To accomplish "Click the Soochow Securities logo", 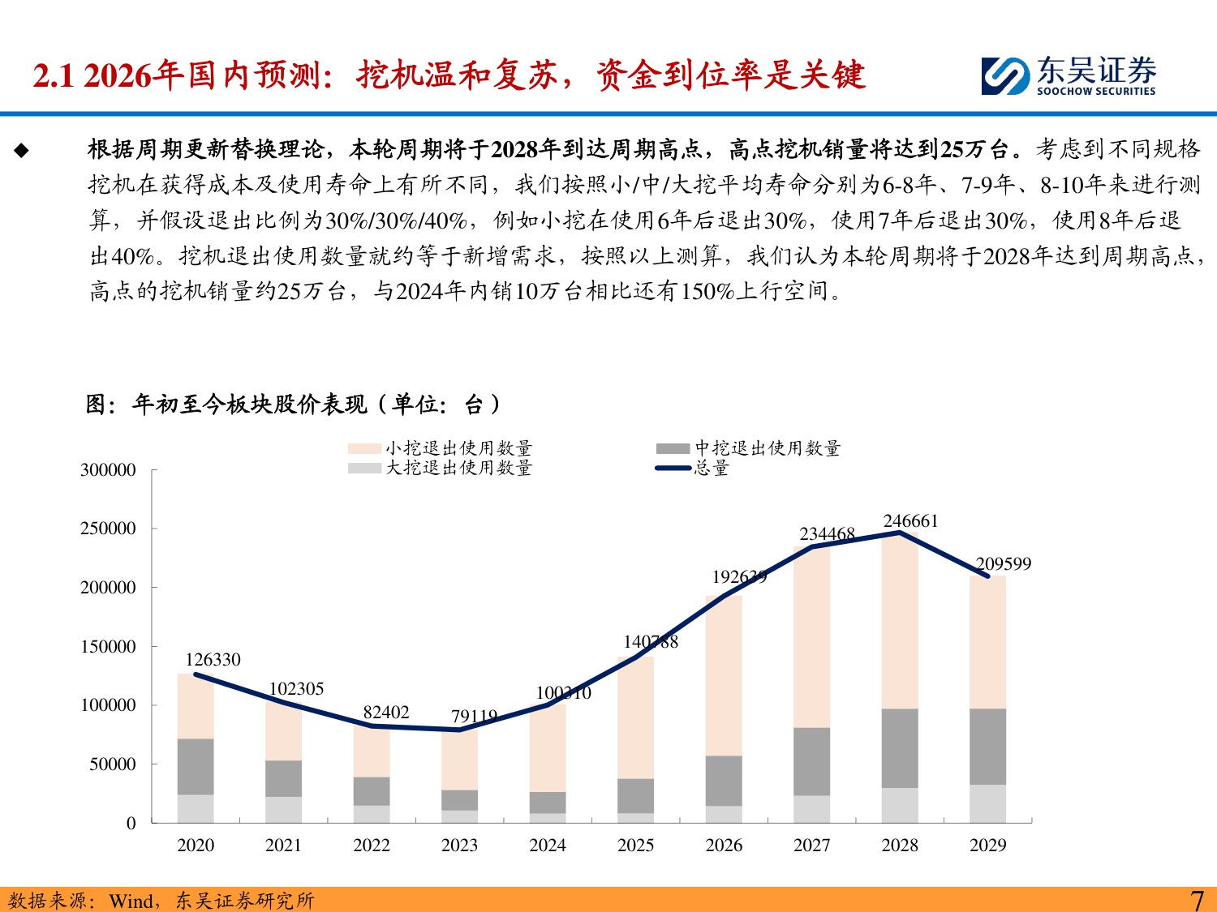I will pos(1068,76).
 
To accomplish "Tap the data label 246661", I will pos(910,521).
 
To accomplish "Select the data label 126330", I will pos(213,660).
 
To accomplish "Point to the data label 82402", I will pos(386,713).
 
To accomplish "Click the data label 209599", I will pos(1003,564).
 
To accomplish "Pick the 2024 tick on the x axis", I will pos(548,846).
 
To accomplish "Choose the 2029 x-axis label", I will pos(987,846).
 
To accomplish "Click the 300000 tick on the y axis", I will pos(108,470).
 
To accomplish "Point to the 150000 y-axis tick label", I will pos(108,647).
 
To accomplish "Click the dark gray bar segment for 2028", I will pos(900,748).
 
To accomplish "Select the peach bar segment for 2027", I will pos(811,636).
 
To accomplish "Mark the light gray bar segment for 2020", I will pos(196,808).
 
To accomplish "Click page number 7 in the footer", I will pos(1196,900).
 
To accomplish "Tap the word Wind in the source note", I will pos(131,901).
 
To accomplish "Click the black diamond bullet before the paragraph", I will pos(21,150).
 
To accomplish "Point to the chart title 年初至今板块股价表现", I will pos(249,404).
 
